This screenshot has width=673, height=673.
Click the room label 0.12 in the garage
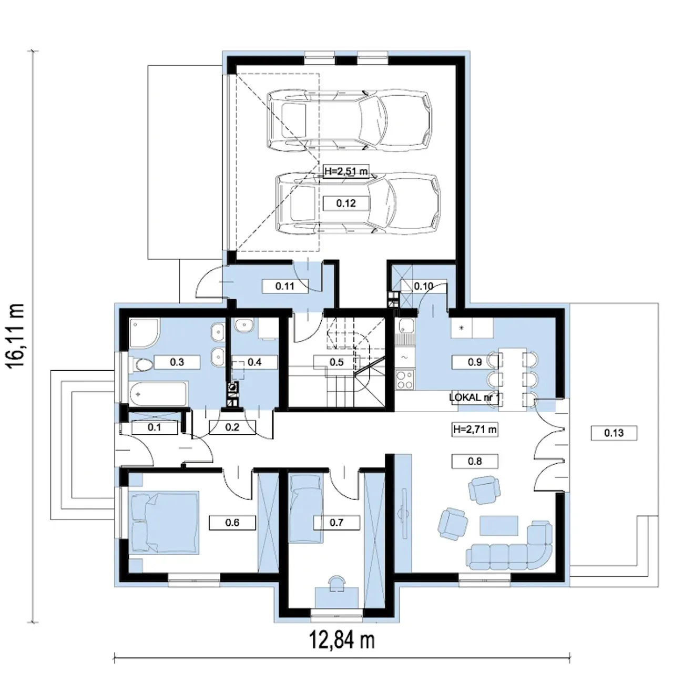(346, 203)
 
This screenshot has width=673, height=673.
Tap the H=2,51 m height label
(346, 171)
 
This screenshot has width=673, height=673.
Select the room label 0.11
(285, 287)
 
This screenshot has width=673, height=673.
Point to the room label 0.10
(424, 287)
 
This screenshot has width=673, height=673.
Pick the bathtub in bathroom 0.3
(159, 394)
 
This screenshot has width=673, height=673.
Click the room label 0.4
(254, 362)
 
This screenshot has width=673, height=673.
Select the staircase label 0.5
(336, 362)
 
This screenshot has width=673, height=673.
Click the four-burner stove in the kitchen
(405, 380)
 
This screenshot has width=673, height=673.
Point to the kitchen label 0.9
(475, 362)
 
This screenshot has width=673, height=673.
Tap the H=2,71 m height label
(475, 430)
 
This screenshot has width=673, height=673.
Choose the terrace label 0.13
(614, 433)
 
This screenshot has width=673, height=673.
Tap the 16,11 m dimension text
(16, 335)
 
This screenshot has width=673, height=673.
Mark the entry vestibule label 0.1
(155, 427)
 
